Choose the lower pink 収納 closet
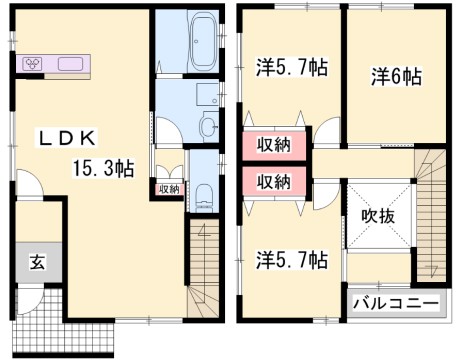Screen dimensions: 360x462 (x=272, y=181)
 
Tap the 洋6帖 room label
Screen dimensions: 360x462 (x=397, y=77)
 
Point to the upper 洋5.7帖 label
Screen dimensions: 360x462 (x=289, y=68)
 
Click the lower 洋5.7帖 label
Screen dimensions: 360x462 (x=290, y=260)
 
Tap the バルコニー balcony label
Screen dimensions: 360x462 (x=395, y=303)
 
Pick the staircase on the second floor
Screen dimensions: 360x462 (x=431, y=215)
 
